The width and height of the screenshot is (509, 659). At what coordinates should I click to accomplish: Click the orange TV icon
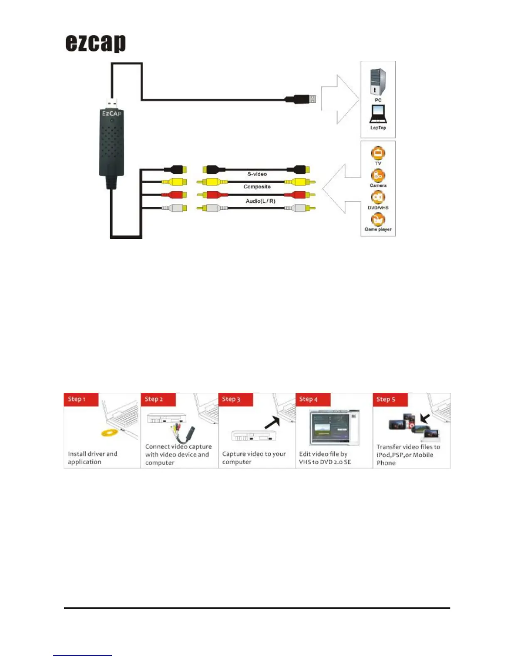378,153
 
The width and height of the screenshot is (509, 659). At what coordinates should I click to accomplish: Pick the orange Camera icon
378,175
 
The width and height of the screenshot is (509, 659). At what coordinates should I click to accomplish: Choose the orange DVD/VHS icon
378,197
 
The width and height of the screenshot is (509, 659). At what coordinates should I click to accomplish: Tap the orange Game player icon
378,219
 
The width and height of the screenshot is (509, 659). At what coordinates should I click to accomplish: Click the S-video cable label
257,174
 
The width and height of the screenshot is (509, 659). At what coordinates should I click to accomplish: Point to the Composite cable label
257,187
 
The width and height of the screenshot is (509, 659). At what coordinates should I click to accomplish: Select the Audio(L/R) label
260,201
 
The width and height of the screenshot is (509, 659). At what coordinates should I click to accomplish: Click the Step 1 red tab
81,399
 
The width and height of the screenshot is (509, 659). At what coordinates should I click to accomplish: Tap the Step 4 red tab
313,399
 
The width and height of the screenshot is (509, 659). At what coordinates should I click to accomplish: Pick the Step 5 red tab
390,399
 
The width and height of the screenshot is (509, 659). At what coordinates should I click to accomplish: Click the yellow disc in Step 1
109,433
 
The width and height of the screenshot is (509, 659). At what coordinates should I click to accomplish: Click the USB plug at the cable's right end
301,99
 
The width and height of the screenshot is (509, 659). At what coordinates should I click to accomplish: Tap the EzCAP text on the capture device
112,114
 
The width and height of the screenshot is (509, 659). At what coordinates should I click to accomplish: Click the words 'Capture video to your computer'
254,458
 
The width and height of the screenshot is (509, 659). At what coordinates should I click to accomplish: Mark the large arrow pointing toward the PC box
340,99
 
